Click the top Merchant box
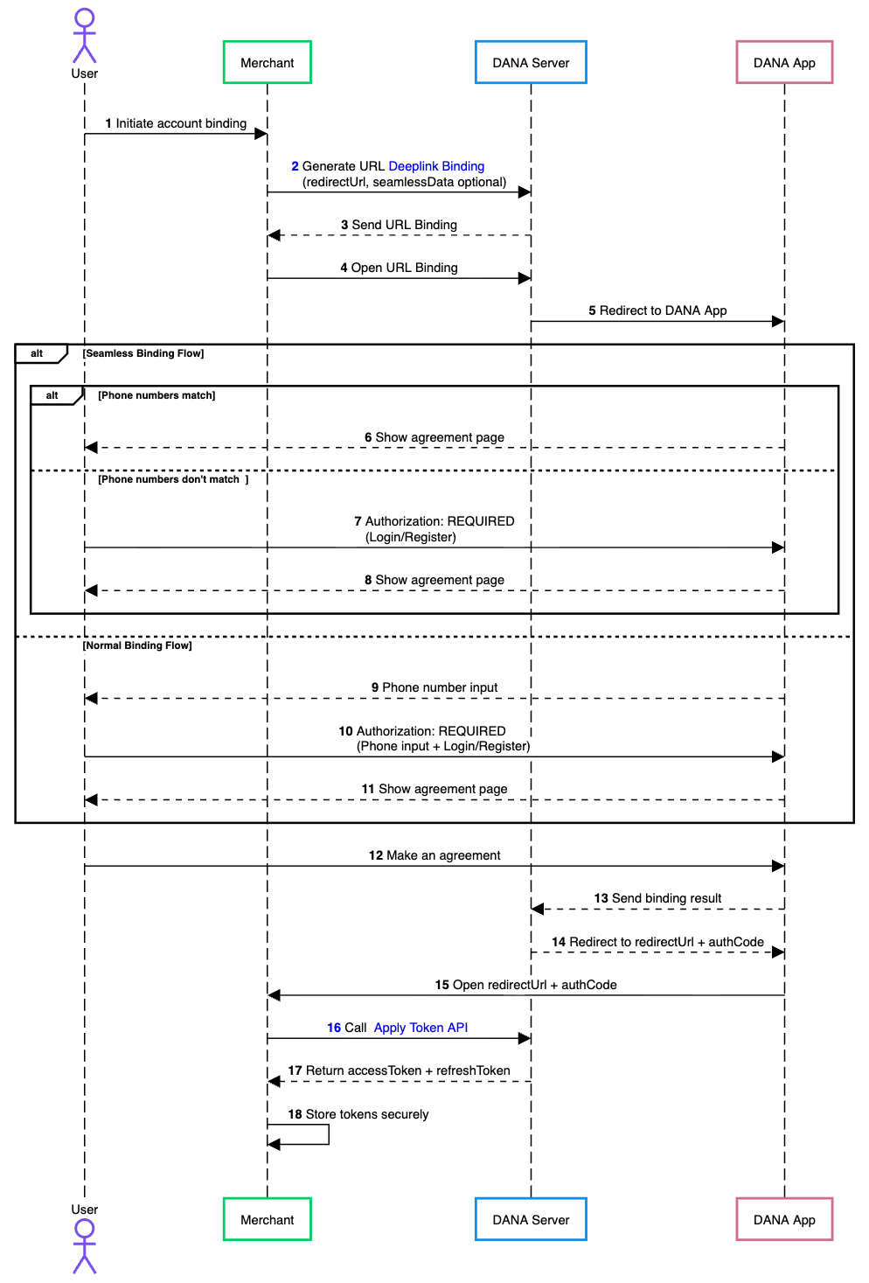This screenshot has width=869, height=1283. [267, 62]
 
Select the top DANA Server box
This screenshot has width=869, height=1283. [531, 62]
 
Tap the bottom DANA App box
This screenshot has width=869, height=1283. [783, 1219]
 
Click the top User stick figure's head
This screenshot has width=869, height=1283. [84, 17]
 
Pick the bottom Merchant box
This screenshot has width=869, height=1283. [267, 1219]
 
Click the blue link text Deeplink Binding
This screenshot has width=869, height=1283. [436, 166]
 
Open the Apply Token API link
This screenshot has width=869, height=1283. [421, 1028]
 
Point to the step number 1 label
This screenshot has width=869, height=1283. [108, 123]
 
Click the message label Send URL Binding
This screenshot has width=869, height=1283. [404, 225]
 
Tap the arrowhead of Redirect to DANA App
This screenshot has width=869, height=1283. [778, 321]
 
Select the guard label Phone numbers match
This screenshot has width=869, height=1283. [156, 395]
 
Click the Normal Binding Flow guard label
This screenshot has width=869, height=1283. [137, 645]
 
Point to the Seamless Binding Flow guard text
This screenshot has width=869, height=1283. [143, 353]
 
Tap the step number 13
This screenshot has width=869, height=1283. [601, 898]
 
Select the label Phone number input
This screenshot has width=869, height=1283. [440, 687]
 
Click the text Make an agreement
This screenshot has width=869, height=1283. [443, 855]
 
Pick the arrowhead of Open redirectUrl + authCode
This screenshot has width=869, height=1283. [275, 995]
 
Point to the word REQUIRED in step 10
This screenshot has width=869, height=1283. [472, 731]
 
